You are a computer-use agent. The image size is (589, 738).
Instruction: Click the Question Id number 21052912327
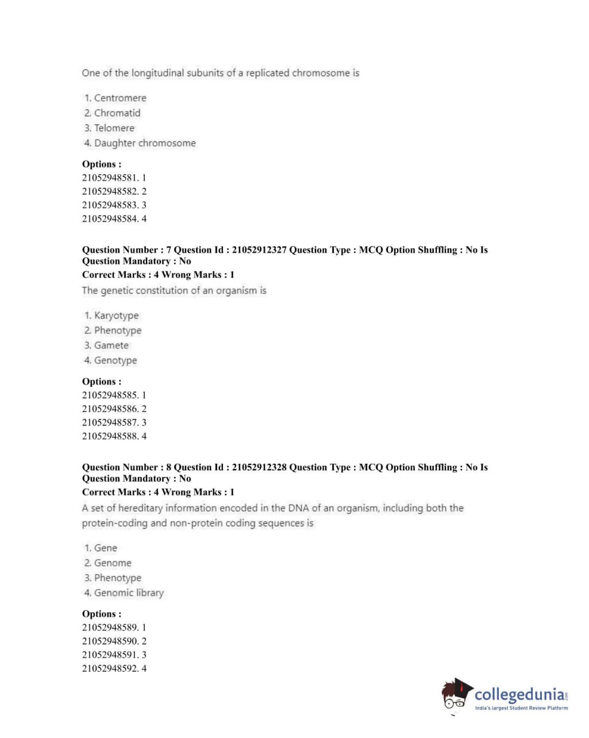coord(259,250)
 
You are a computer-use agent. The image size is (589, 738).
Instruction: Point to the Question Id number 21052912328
coord(259,467)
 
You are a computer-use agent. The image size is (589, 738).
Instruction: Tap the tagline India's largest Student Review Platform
coord(521,708)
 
